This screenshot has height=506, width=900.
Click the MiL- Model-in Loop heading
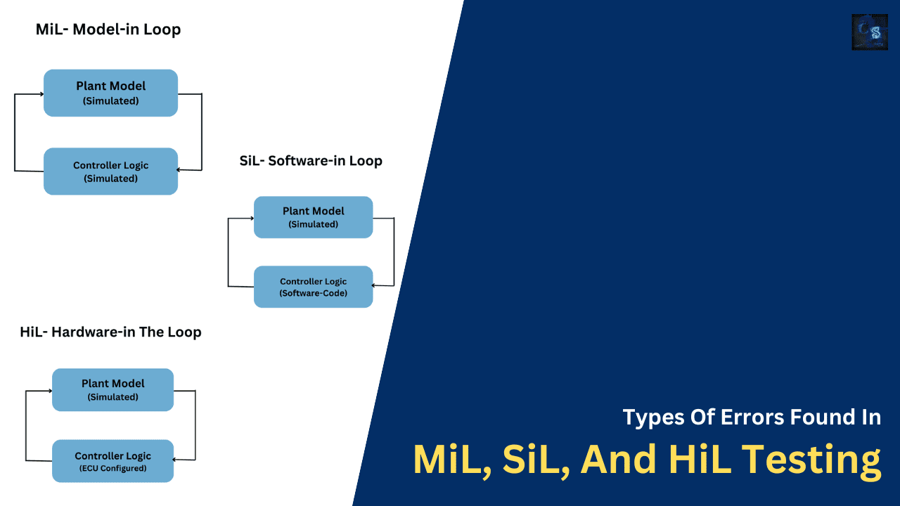[x=108, y=30]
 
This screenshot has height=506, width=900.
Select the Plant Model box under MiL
[x=110, y=93]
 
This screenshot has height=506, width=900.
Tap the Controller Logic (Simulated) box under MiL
[x=110, y=171]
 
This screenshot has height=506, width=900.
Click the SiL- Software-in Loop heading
[x=311, y=161]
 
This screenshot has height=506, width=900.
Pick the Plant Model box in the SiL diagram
[x=313, y=217]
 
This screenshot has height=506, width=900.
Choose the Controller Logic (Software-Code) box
[x=313, y=287]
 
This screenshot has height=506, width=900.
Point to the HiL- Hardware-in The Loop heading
[x=110, y=332]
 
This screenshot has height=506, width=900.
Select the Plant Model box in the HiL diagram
[x=112, y=390]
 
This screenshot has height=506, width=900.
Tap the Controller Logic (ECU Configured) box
[x=112, y=461]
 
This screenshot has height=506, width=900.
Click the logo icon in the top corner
[x=869, y=32]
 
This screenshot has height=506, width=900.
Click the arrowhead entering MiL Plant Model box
[x=41, y=93]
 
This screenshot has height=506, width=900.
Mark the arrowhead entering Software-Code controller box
[x=375, y=285]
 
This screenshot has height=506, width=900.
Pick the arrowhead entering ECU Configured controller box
[x=176, y=460]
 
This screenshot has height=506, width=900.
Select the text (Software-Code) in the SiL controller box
[x=313, y=293]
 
